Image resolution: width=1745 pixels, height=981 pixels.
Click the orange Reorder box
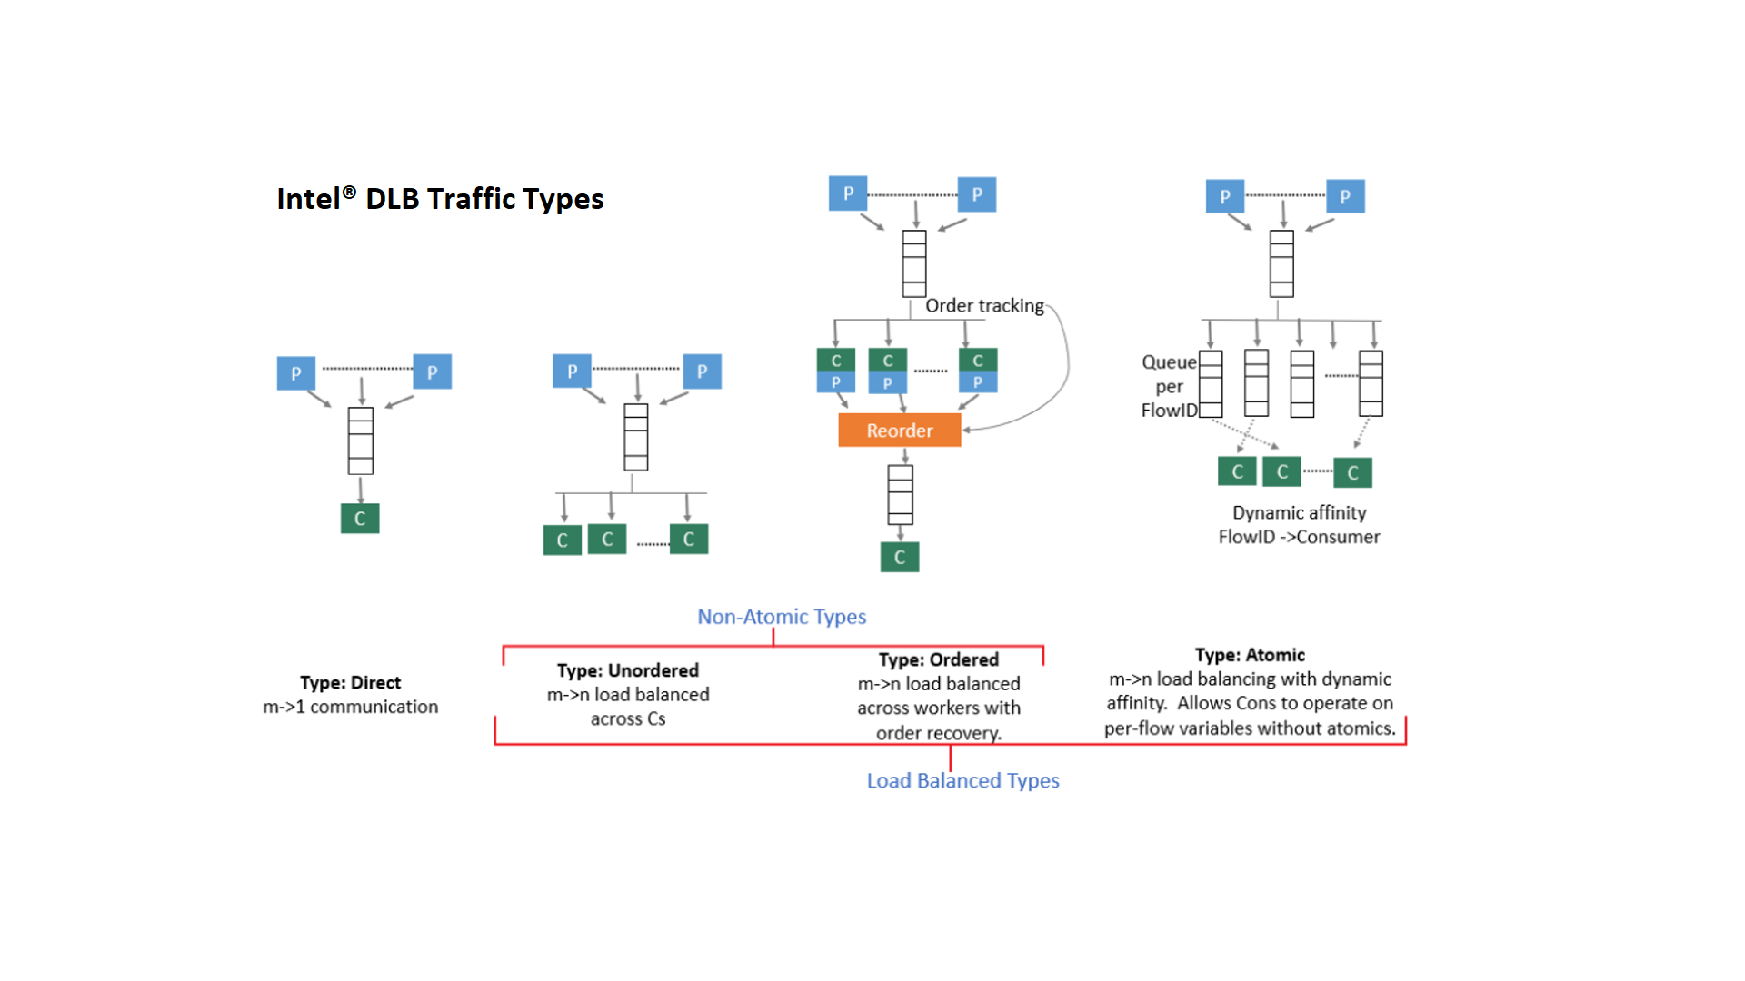[x=899, y=431]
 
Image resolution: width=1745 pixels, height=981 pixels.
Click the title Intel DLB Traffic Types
[x=440, y=199]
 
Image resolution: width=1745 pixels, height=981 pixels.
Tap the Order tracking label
[x=984, y=306]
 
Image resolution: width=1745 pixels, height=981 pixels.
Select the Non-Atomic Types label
[x=782, y=617]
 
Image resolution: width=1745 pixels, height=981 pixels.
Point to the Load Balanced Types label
[x=962, y=781]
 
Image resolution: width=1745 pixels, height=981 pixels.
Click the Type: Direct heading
[x=350, y=683]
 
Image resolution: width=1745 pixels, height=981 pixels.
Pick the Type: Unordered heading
[x=628, y=670]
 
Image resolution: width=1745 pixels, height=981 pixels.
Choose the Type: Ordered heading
[x=938, y=659]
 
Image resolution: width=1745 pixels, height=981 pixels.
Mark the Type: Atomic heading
[x=1250, y=655]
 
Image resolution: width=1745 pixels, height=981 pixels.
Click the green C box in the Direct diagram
[x=360, y=519]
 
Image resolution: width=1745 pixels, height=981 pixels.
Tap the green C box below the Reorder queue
[x=900, y=557]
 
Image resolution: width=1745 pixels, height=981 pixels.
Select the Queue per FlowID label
[x=1169, y=386]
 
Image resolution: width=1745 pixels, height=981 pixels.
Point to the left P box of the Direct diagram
[x=296, y=373]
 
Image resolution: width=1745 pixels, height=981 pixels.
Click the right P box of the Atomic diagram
[x=1345, y=196]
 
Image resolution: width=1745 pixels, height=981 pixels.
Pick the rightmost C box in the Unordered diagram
[x=689, y=539]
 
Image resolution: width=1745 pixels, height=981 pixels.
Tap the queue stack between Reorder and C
[x=900, y=495]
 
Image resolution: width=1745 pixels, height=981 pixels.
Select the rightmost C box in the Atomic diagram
[x=1352, y=472]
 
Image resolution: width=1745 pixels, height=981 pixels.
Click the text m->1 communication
[x=350, y=707]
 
